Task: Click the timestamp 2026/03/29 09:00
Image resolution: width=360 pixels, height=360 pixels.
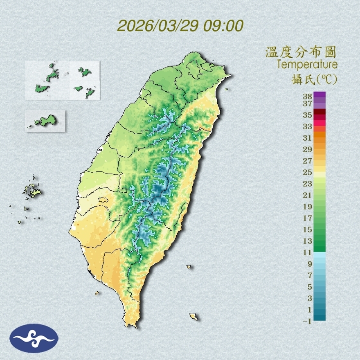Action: coord(180,26)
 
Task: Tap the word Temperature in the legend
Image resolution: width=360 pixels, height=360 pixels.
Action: coord(307,65)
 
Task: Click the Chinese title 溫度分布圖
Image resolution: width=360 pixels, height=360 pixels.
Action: coord(301,52)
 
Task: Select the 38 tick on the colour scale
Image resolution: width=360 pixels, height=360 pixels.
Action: coord(308,96)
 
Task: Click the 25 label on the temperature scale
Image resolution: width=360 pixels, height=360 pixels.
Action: coord(308,172)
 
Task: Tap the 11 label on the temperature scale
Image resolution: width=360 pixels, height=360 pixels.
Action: coord(308,252)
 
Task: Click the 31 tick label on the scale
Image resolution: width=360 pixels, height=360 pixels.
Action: coord(308,137)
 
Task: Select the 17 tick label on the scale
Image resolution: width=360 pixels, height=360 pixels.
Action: coord(308,218)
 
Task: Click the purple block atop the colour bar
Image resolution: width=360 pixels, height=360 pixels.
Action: coord(319,94)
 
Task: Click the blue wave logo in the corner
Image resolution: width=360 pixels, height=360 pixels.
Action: coord(34,338)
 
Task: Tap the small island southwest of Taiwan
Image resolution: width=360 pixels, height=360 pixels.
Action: coord(97,292)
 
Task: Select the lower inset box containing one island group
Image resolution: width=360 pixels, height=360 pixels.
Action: coord(45,121)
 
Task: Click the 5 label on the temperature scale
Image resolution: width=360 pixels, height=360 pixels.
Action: coord(309,287)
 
